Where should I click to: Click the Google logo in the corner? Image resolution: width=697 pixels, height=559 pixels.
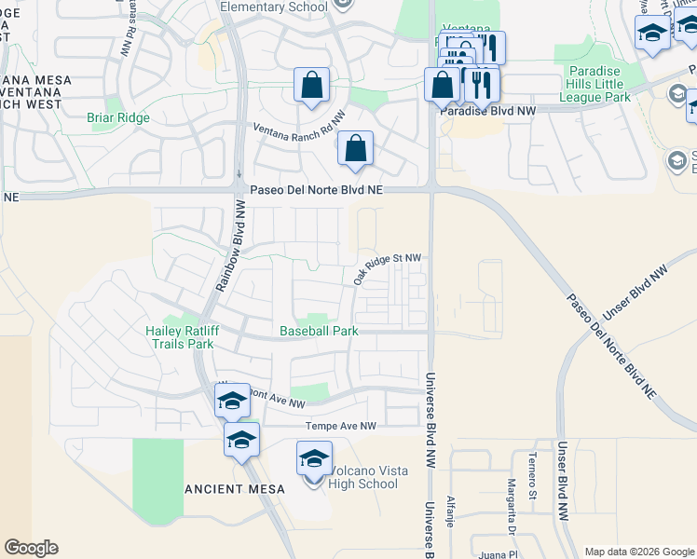tap(31, 548)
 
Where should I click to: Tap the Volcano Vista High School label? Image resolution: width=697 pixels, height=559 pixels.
tap(364, 477)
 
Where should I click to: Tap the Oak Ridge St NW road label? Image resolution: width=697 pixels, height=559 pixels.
tap(387, 267)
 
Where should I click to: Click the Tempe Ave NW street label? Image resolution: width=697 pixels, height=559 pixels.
tap(340, 426)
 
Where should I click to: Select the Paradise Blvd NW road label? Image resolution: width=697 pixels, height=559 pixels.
tap(489, 110)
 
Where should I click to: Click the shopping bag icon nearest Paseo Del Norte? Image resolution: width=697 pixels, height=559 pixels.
tap(355, 148)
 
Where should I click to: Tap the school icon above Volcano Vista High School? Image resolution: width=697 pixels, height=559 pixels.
tap(314, 458)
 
